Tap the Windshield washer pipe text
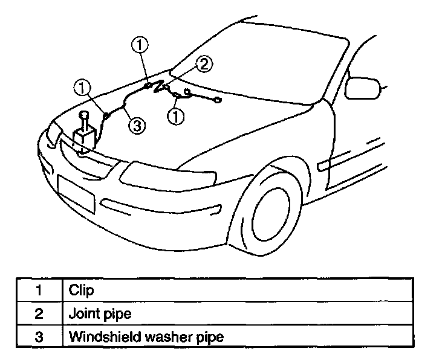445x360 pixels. [146, 336]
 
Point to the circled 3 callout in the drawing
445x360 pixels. [137, 125]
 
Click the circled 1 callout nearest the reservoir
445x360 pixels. [82, 88]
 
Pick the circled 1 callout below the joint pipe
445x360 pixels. [176, 116]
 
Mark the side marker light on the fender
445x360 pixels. [322, 164]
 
